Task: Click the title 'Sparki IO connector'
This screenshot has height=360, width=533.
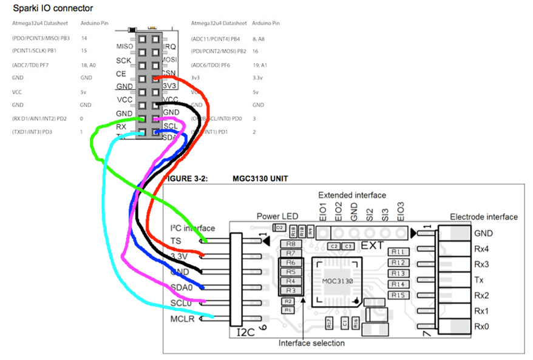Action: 53,8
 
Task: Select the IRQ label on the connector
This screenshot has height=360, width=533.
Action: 169,47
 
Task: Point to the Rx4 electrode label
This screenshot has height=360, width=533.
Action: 482,249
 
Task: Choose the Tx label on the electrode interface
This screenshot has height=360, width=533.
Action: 479,280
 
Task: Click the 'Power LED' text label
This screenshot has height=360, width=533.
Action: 277,217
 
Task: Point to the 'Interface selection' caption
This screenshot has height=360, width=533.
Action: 311,344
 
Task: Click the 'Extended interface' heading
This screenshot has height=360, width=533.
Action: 352,195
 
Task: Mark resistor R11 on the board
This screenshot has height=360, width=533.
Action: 398,251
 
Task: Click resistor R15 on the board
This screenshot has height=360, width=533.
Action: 398,294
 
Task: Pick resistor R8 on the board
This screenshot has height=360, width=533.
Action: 290,243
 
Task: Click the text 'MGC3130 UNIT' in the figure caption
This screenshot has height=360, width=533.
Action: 260,179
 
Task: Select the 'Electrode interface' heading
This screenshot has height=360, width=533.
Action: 483,217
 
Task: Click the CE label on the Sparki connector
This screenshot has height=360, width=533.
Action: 121,73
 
